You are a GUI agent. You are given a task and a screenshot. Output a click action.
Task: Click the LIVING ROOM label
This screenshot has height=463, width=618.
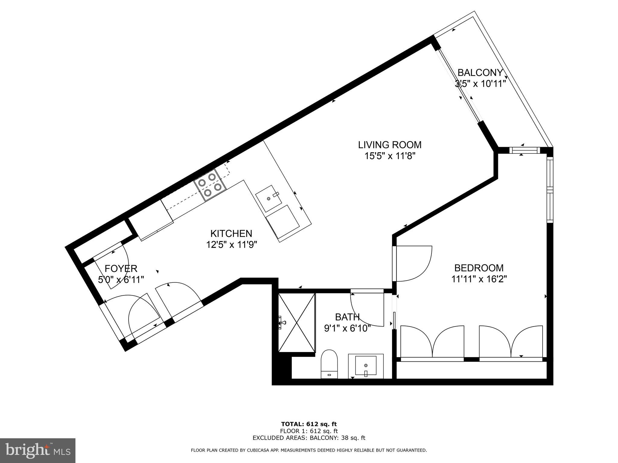pyautogui.click(x=390, y=145)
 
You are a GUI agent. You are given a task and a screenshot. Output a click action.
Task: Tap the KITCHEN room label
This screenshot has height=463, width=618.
pyautogui.click(x=231, y=233)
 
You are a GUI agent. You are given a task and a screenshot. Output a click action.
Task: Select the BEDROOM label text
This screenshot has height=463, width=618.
pyautogui.click(x=479, y=268)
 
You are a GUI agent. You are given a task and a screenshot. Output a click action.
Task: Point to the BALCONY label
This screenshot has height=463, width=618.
pyautogui.click(x=480, y=73)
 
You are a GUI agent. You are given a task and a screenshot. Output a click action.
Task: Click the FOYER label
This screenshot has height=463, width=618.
pyautogui.click(x=121, y=268)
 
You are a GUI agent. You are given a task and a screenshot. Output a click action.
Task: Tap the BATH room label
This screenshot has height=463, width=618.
pyautogui.click(x=347, y=317)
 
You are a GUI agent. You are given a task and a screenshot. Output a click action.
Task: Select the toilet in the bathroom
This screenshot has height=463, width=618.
pyautogui.click(x=329, y=364)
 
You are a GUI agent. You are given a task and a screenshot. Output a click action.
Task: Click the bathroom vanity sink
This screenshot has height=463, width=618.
pyautogui.click(x=366, y=366)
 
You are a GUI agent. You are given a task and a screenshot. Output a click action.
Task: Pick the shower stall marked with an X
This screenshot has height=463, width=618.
pyautogui.click(x=296, y=322)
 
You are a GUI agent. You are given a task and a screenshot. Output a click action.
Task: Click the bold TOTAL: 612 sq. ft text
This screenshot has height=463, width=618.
pyautogui.click(x=309, y=424)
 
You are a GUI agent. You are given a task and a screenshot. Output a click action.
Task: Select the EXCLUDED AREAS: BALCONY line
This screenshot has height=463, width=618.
pyautogui.click(x=309, y=438)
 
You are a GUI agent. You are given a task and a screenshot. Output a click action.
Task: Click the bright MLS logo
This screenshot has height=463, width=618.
pyautogui.click(x=38, y=450)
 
